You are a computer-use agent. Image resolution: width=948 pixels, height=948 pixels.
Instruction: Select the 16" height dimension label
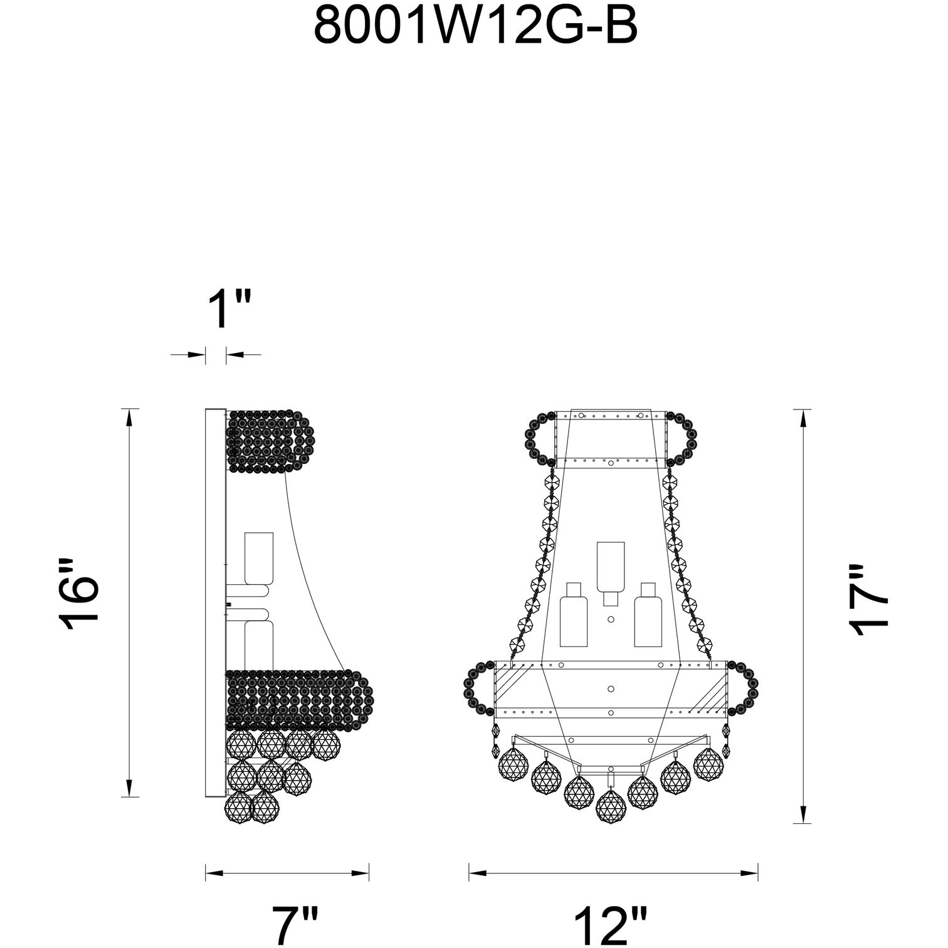click(80, 592)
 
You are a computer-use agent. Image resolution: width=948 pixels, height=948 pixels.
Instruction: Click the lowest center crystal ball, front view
click(612, 806)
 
